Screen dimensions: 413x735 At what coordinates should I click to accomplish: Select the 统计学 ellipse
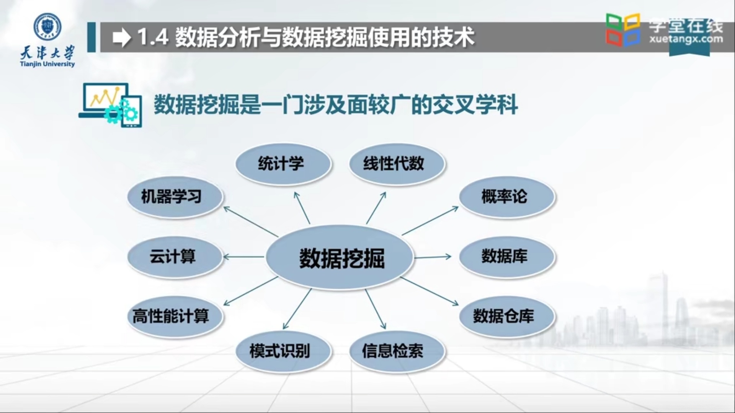pyautogui.click(x=283, y=164)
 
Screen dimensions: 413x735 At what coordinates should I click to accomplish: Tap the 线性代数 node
pyautogui.click(x=397, y=164)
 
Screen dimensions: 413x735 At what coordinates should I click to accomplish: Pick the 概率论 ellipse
pyautogui.click(x=506, y=197)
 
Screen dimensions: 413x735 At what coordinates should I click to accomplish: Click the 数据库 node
pyautogui.click(x=506, y=257)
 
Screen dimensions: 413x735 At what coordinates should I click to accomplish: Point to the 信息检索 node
pyautogui.click(x=397, y=351)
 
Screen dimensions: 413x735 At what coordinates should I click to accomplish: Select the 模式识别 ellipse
pyautogui.click(x=283, y=351)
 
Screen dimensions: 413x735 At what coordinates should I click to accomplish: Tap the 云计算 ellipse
pyautogui.click(x=175, y=257)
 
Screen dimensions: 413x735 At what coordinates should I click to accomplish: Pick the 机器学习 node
pyautogui.click(x=175, y=197)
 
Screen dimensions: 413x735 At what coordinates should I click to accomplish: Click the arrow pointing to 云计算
pyautogui.click(x=243, y=257)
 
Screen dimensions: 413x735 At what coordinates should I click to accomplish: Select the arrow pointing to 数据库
pyautogui.click(x=433, y=257)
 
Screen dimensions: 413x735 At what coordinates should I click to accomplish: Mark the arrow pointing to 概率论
pyautogui.click(x=430, y=221)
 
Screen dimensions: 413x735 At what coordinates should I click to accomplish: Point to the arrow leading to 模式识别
pyautogui.click(x=297, y=309)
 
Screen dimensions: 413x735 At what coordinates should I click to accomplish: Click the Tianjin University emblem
pyautogui.click(x=47, y=27)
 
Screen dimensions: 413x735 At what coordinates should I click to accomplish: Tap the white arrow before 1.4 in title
pyautogui.click(x=122, y=37)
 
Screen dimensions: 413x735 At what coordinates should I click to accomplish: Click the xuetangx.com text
pyautogui.click(x=686, y=39)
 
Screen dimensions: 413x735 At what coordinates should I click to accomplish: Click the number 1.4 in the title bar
pyautogui.click(x=153, y=37)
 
